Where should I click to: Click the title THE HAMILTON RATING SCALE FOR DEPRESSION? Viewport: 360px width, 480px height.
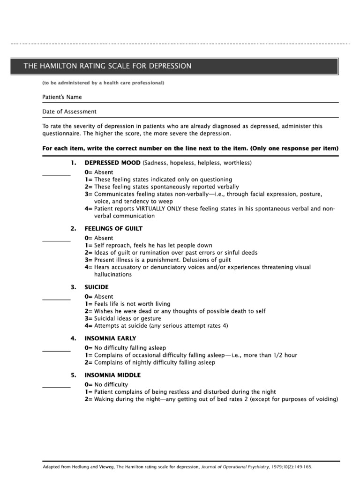[x=108, y=66]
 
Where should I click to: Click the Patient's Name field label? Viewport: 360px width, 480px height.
[x=62, y=97]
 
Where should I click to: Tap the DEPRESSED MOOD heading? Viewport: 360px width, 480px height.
[x=113, y=163]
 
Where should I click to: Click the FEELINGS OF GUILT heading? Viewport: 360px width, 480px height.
[x=113, y=229]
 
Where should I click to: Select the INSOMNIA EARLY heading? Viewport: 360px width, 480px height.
[x=110, y=338]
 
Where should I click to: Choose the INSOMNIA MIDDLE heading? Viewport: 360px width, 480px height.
[x=112, y=375]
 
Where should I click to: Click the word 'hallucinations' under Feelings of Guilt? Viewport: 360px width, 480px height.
[x=113, y=275]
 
